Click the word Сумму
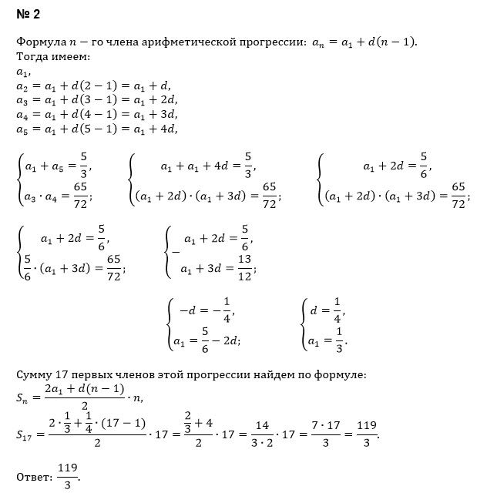pyautogui.click(x=35, y=374)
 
